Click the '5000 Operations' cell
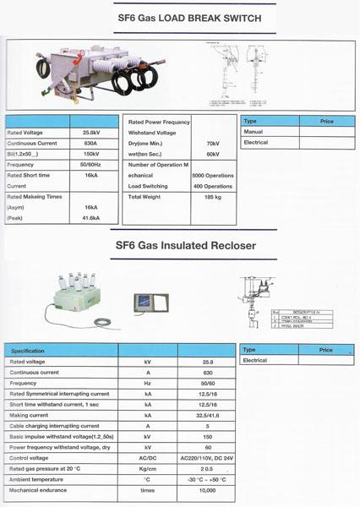point(213,176)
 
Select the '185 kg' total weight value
point(213,197)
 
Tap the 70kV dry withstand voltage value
point(213,144)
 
